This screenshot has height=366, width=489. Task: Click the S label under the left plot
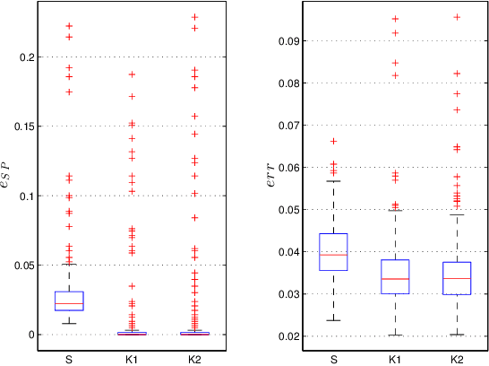(69, 359)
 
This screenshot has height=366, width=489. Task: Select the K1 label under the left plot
(132, 359)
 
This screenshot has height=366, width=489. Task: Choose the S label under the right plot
(332, 359)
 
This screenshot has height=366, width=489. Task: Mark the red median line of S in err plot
(332, 255)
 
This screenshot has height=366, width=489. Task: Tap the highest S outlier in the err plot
(332, 141)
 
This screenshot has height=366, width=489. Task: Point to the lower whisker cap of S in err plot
(332, 320)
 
